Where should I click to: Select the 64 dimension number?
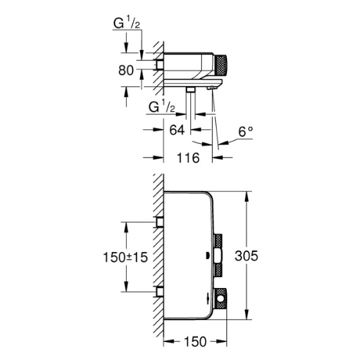click(176, 130)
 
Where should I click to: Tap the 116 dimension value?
click(188, 158)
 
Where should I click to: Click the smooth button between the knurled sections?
click(218, 255)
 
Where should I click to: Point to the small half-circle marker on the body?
click(207, 256)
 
